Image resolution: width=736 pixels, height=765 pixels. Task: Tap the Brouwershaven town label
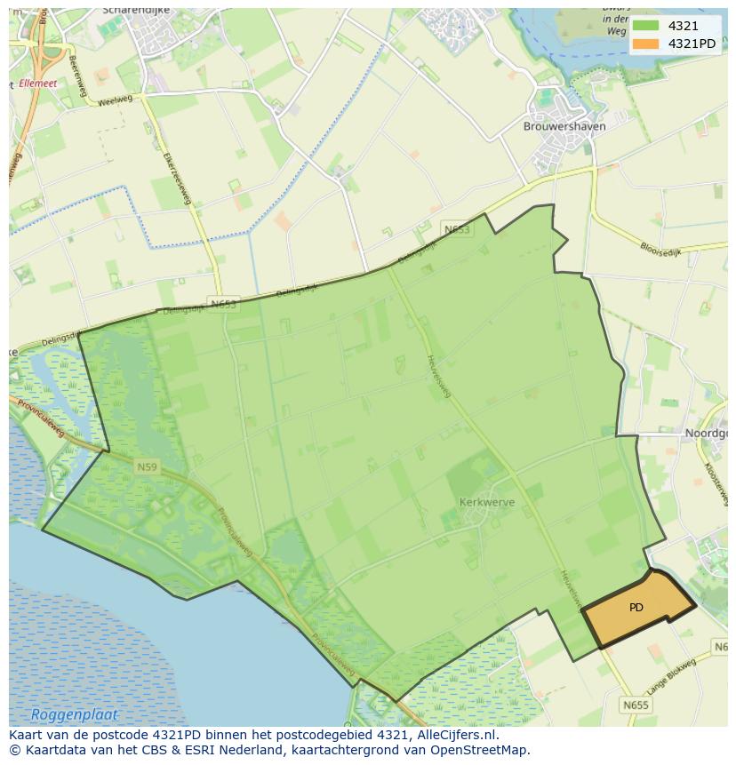point(564,126)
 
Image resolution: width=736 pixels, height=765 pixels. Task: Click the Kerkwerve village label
point(487,502)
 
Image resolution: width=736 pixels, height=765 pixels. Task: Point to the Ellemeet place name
point(37,83)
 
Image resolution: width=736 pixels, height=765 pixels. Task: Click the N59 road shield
point(147,466)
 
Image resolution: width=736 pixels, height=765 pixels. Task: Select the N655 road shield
point(636,705)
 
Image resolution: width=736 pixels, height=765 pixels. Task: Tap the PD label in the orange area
point(636,608)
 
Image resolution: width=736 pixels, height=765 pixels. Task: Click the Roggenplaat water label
point(74,714)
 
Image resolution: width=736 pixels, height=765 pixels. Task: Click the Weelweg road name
point(114,100)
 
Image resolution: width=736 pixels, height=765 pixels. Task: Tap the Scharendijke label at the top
point(135,11)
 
